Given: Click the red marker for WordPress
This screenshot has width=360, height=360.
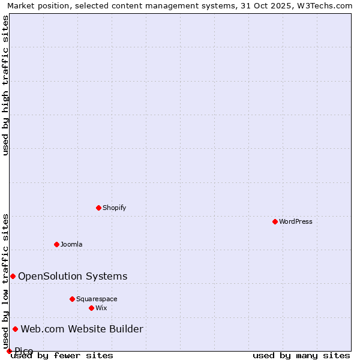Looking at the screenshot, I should click(x=275, y=221).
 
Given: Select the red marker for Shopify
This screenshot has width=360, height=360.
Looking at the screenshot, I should click(x=98, y=208).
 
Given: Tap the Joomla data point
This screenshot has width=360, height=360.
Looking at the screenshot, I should click(x=56, y=244).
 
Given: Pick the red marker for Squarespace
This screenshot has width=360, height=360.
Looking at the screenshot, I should click(x=72, y=299).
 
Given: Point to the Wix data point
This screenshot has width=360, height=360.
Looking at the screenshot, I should click(x=91, y=308).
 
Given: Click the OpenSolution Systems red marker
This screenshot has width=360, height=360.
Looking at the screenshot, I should click(x=13, y=276).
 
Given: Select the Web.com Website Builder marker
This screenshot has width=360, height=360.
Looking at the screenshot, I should click(x=15, y=329).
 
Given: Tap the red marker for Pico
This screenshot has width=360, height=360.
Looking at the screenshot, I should click(x=9, y=351).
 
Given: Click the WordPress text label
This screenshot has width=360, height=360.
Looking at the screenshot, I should click(x=296, y=221).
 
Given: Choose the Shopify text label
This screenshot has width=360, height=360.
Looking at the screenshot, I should click(x=114, y=208).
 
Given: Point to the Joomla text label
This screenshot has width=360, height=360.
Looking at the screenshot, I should click(x=71, y=244).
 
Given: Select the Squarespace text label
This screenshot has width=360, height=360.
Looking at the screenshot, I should click(x=97, y=299).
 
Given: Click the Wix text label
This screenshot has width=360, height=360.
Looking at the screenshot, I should click(x=101, y=308).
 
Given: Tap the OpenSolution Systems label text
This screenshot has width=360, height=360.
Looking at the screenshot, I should click(x=73, y=276).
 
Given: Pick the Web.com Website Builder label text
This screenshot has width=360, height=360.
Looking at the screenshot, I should click(x=82, y=329).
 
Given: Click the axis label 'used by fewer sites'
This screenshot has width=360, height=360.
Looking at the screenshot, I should click(x=62, y=355).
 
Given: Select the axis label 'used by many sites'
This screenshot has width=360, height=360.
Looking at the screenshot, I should click(x=301, y=355).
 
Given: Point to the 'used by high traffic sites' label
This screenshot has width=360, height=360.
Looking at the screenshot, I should click(x=5, y=86).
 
